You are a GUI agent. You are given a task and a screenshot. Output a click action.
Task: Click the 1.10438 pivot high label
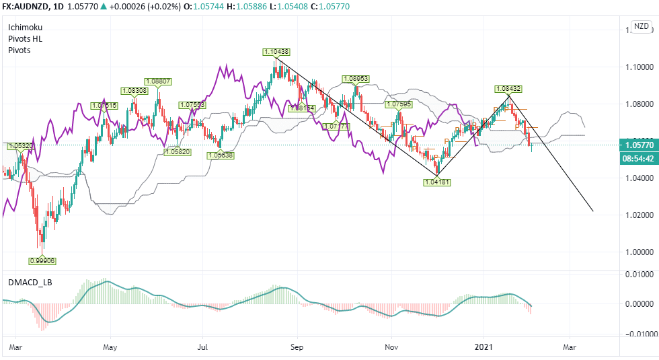[277, 52]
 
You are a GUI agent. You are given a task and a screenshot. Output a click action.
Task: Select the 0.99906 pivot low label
[42, 260]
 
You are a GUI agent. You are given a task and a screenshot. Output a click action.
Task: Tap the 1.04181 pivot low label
[437, 182]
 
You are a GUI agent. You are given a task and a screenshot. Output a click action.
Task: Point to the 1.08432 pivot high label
[508, 89]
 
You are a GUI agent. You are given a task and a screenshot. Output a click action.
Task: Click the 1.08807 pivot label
[158, 81]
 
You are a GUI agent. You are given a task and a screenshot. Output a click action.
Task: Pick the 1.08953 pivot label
[356, 79]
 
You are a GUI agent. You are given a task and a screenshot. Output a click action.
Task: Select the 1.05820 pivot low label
[178, 153]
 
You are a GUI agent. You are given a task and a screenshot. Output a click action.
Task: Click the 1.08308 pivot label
[134, 90]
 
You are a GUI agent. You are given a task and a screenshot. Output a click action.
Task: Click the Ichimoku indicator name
[25, 28]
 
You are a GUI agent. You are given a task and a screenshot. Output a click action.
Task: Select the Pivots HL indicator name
[24, 39]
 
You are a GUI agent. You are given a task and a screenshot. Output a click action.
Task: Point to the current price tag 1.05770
[639, 145]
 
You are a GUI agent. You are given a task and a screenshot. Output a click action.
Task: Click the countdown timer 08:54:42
[639, 159]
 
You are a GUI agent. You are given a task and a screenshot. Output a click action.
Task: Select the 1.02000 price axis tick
[639, 215]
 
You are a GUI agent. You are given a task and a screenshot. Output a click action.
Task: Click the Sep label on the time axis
[297, 347]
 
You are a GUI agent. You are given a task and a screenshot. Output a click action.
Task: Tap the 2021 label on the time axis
[484, 347]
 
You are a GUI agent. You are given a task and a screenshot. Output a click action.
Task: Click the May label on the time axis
[110, 347]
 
